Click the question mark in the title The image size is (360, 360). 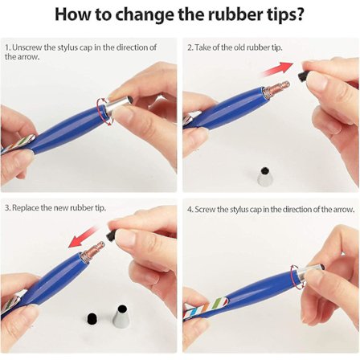[x=298, y=14]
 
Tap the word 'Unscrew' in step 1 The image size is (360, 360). [x=27, y=47]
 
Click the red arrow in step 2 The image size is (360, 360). [x=278, y=69]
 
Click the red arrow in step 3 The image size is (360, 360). [x=83, y=237]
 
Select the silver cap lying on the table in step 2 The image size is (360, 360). [x=264, y=176]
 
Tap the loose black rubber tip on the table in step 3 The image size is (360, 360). [x=92, y=319]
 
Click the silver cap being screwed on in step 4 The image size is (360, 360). [x=310, y=272]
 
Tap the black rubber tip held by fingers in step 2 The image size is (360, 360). [x=302, y=76]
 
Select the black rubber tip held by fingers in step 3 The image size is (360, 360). [x=111, y=235]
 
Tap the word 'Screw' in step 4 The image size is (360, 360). [x=205, y=209]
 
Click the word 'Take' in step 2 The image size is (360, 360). [x=202, y=47]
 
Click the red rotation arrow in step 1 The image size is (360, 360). [x=105, y=112]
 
